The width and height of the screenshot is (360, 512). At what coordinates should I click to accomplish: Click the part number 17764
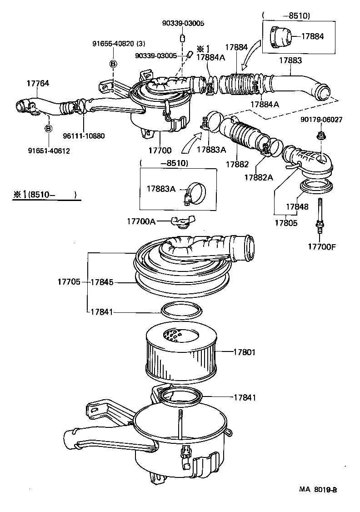pyautogui.click(x=38, y=83)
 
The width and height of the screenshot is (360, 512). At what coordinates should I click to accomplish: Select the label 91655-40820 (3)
pyautogui.click(x=119, y=44)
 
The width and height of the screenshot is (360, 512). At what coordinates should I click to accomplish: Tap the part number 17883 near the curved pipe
pyautogui.click(x=290, y=60)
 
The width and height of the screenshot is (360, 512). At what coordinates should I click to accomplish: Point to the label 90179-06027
pyautogui.click(x=321, y=120)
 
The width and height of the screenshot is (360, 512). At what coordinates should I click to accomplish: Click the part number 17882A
pyautogui.click(x=259, y=177)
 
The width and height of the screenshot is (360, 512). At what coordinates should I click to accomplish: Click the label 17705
pyautogui.click(x=69, y=282)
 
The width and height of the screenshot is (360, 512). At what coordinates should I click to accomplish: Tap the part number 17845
pyautogui.click(x=102, y=282)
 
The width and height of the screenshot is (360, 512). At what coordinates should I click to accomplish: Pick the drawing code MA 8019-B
pyautogui.click(x=318, y=490)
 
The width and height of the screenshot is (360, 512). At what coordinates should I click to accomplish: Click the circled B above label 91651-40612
pyautogui.click(x=48, y=129)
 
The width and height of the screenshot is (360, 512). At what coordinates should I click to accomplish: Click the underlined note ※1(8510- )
pyautogui.click(x=44, y=195)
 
